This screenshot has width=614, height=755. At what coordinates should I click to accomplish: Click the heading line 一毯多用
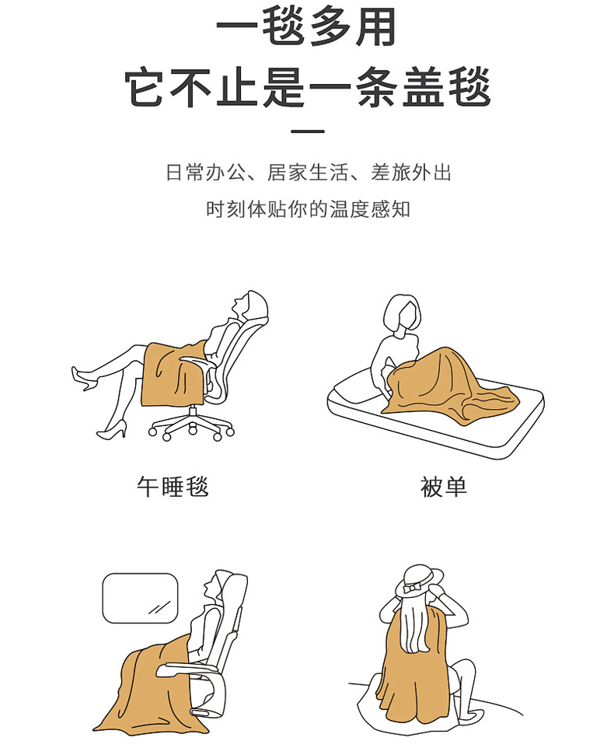coord(306,27)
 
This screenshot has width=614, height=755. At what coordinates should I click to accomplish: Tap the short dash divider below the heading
coord(308,131)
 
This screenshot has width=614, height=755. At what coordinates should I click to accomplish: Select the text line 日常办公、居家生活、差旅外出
coord(308,173)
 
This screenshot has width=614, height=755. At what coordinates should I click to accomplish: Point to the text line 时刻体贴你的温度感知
coord(308,209)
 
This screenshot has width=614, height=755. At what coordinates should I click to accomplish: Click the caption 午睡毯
coord(173,487)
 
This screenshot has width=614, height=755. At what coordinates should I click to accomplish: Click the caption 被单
coord(443,487)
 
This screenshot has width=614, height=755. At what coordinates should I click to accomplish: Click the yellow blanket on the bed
coord(450,385)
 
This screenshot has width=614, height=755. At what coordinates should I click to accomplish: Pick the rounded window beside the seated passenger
coord(141,598)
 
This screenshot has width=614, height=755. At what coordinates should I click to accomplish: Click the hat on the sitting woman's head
coord(419,581)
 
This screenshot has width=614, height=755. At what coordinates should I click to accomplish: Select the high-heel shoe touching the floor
coord(112,429)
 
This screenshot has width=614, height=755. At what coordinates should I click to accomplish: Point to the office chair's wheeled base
coord(191,425)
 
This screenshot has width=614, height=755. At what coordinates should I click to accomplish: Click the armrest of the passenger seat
coord(187,669)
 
